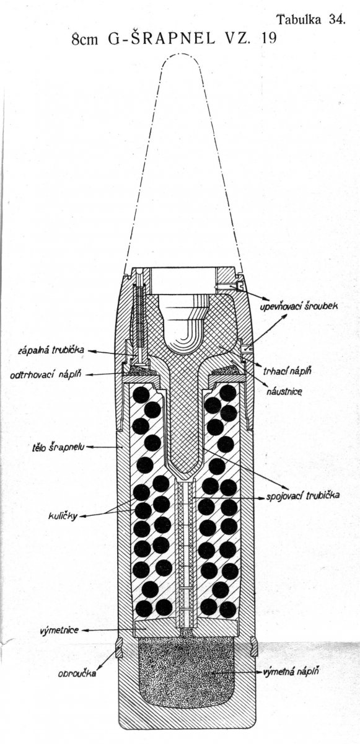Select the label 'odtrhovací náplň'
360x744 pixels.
(45, 376)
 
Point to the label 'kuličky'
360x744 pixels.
(62, 516)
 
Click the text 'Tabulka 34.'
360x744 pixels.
(311, 20)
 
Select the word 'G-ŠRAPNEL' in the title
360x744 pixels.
(162, 39)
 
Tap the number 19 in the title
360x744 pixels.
(269, 39)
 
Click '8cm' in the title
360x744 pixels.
(85, 40)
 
